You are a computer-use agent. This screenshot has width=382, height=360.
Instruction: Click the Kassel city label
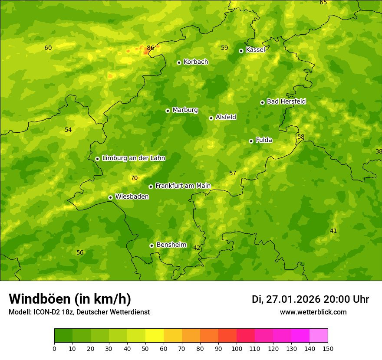pyautogui.click(x=255, y=50)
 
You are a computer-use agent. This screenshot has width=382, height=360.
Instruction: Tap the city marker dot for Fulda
pyautogui.click(x=251, y=141)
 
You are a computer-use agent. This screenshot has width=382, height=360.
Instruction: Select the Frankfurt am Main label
pyautogui.click(x=183, y=186)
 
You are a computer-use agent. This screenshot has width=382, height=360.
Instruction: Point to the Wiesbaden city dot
pyautogui.click(x=110, y=197)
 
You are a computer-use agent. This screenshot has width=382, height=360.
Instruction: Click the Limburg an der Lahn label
pyautogui.click(x=133, y=158)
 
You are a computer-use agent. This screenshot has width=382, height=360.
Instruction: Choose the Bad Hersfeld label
pyautogui.click(x=286, y=101)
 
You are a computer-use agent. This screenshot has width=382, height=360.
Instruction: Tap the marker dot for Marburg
pyautogui.click(x=168, y=111)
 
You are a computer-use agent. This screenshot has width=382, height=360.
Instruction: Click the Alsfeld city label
pyautogui.click(x=226, y=117)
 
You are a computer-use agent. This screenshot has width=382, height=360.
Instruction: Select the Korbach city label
pyautogui.click(x=196, y=62)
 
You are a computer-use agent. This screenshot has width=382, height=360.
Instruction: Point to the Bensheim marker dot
pyautogui.click(x=151, y=245)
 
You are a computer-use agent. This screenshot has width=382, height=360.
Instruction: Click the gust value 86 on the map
pyautogui.click(x=151, y=48)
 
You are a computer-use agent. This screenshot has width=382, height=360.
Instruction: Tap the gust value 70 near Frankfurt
pyautogui.click(x=134, y=178)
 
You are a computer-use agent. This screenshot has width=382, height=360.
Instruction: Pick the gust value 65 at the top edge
pyautogui.click(x=323, y=3)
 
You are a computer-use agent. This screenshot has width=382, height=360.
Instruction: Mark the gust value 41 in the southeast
pyautogui.click(x=333, y=231)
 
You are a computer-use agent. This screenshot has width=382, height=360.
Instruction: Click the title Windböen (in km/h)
pyautogui.click(x=70, y=299)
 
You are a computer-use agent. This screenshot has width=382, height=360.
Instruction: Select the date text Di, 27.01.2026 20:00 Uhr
pyautogui.click(x=310, y=299)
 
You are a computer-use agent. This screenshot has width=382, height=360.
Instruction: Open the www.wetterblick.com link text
pyautogui.click(x=313, y=312)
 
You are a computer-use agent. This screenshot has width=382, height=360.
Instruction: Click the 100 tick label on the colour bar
pyautogui.click(x=237, y=348)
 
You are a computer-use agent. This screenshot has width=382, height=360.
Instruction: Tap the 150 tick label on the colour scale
pyautogui.click(x=328, y=348)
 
